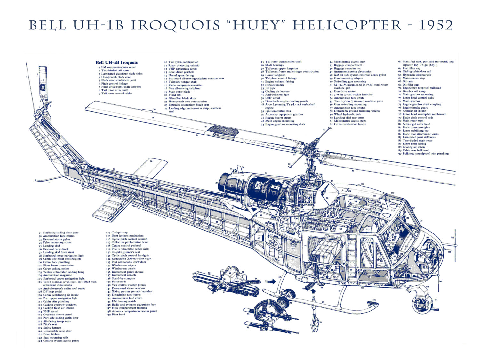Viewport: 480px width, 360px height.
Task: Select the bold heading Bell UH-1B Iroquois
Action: point(116,62)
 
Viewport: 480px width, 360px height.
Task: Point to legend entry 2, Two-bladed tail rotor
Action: point(115,70)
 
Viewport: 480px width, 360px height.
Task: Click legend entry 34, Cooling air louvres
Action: point(277,91)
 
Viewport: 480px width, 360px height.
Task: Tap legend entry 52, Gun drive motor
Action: point(345,91)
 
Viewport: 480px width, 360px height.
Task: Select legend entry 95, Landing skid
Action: point(51,246)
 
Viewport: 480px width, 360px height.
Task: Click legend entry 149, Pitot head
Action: point(118,315)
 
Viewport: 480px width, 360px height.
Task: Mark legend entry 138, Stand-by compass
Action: point(123,278)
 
